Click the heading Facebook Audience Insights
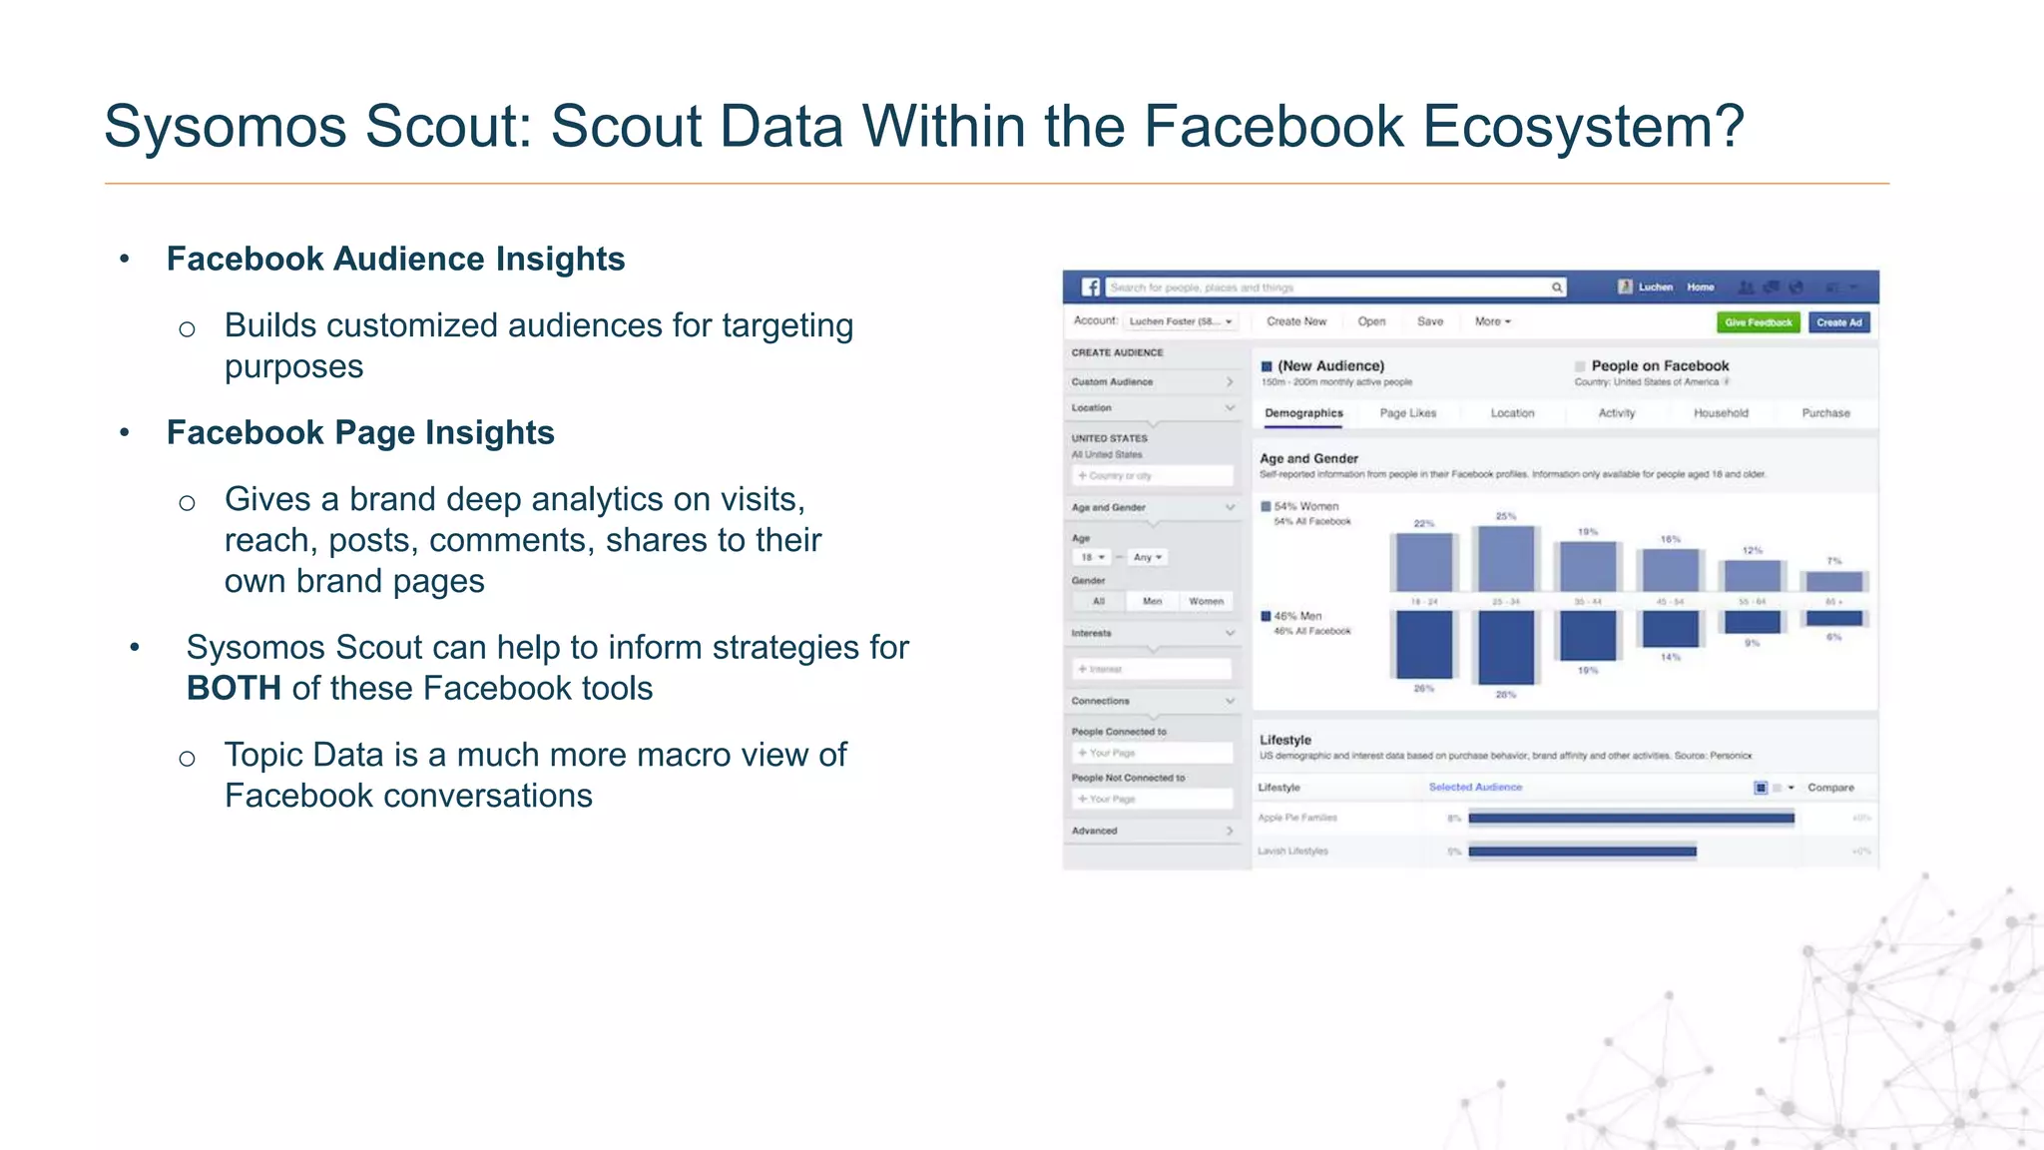point(395,259)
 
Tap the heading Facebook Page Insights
point(360,432)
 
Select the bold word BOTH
point(234,688)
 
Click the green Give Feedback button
point(1758,322)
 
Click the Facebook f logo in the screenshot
point(1091,287)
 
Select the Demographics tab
point(1303,413)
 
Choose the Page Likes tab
point(1407,413)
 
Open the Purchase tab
point(1825,413)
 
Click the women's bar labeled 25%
point(1505,559)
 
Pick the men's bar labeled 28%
point(1505,647)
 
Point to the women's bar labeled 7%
point(1834,581)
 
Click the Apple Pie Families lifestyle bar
point(1631,819)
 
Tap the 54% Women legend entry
point(1304,506)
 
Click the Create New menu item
point(1296,321)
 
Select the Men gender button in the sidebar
point(1152,601)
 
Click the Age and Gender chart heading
point(1308,458)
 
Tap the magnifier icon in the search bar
point(1556,287)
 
